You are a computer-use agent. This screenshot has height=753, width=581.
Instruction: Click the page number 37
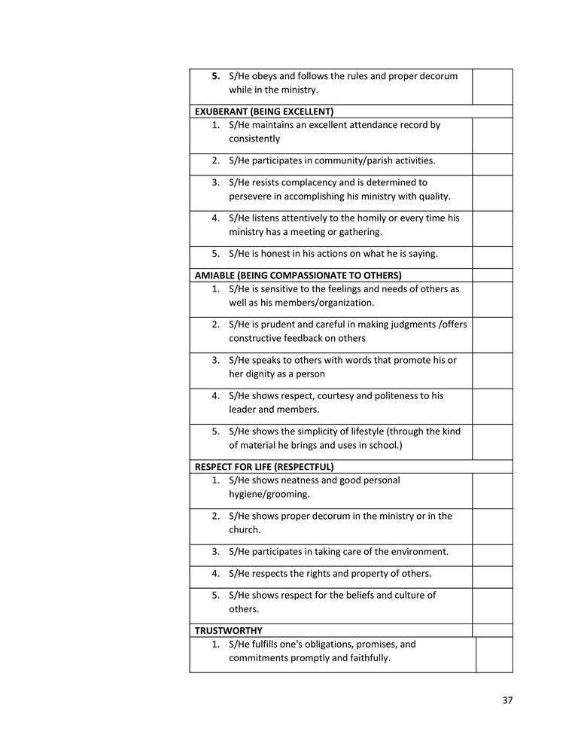tap(507, 700)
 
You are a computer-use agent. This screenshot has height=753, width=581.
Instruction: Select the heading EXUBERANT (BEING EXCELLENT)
tap(264, 111)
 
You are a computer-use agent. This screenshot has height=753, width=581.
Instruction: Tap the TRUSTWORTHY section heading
tap(229, 630)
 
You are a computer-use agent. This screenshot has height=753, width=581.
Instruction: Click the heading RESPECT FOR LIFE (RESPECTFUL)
tap(264, 467)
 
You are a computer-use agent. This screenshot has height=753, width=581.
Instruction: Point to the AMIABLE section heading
tap(298, 275)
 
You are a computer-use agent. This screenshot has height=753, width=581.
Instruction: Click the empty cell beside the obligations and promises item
tap(494, 654)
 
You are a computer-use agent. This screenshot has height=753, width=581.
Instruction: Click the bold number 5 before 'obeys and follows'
tap(216, 76)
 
